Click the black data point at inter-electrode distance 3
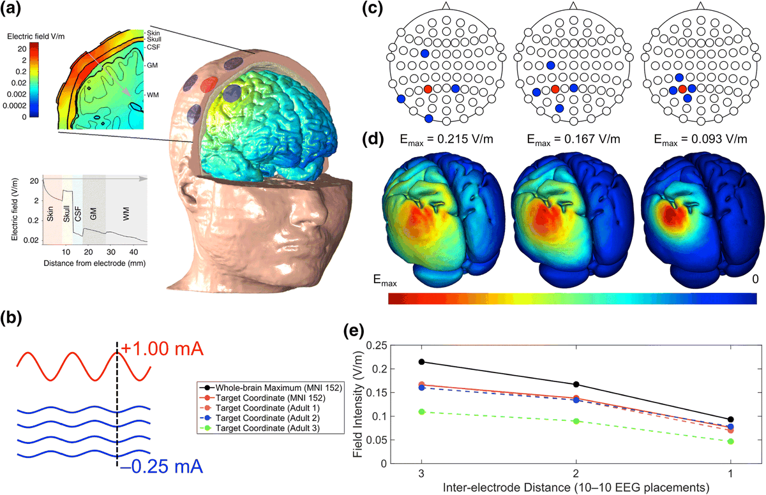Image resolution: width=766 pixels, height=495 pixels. coord(421,362)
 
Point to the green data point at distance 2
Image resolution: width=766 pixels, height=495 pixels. coord(576,421)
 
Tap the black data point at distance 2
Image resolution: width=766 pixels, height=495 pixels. coord(576,384)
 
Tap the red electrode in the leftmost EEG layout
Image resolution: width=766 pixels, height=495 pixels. coord(428,89)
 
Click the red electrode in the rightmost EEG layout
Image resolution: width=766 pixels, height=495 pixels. coord(683,89)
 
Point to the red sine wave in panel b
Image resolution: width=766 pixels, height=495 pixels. coord(83,364)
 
